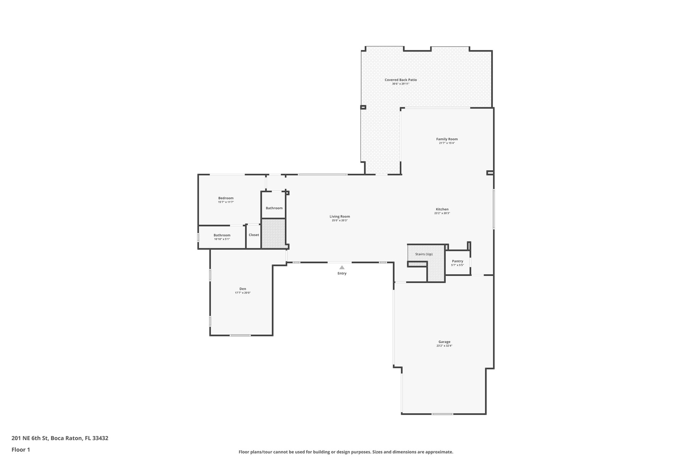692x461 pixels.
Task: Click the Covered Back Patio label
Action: pos(400,80)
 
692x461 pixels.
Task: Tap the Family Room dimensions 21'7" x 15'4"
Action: pos(447,143)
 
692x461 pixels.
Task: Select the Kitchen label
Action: pos(442,209)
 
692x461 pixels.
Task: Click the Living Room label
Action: pos(340,216)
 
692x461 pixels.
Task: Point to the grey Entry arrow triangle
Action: pos(342,267)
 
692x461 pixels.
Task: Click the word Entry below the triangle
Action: pos(342,274)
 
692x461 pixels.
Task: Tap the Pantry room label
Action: pos(458,261)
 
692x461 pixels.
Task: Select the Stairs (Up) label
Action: pos(424,254)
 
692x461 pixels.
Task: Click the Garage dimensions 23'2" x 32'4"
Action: pos(444,346)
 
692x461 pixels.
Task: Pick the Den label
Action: pos(243,289)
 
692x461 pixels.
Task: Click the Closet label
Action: pos(254,235)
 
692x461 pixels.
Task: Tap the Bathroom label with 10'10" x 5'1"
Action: pos(222,235)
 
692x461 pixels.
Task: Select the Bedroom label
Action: pos(226,198)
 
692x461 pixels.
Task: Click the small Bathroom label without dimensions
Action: pos(274,208)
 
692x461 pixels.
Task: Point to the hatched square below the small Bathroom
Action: pos(273,233)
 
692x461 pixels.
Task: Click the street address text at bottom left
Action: pos(60,438)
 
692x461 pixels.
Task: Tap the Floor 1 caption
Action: pos(21,450)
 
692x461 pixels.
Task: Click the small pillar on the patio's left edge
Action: pos(363,107)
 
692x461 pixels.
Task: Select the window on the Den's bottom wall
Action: pos(240,335)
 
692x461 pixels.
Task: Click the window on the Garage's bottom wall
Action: pos(442,414)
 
